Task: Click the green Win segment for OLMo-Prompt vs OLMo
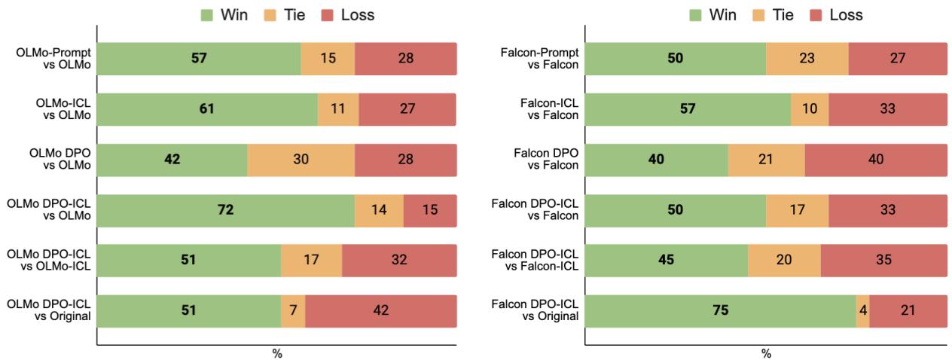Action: tap(199, 59)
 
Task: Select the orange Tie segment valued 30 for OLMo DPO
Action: tap(301, 160)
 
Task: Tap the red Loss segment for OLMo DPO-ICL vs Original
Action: tap(380, 311)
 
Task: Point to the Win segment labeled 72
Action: tap(225, 210)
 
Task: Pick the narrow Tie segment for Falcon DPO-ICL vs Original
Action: tap(862, 311)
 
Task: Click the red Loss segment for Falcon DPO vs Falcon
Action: tap(875, 160)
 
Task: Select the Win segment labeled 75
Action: tap(720, 311)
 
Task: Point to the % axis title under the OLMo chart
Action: tap(276, 354)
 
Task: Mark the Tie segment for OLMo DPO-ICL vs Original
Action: tap(293, 311)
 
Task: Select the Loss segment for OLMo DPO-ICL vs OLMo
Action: tap(430, 210)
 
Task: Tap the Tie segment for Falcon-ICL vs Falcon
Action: tap(810, 109)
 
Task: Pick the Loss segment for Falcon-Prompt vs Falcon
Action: tap(897, 59)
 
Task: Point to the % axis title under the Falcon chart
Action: tap(766, 354)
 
